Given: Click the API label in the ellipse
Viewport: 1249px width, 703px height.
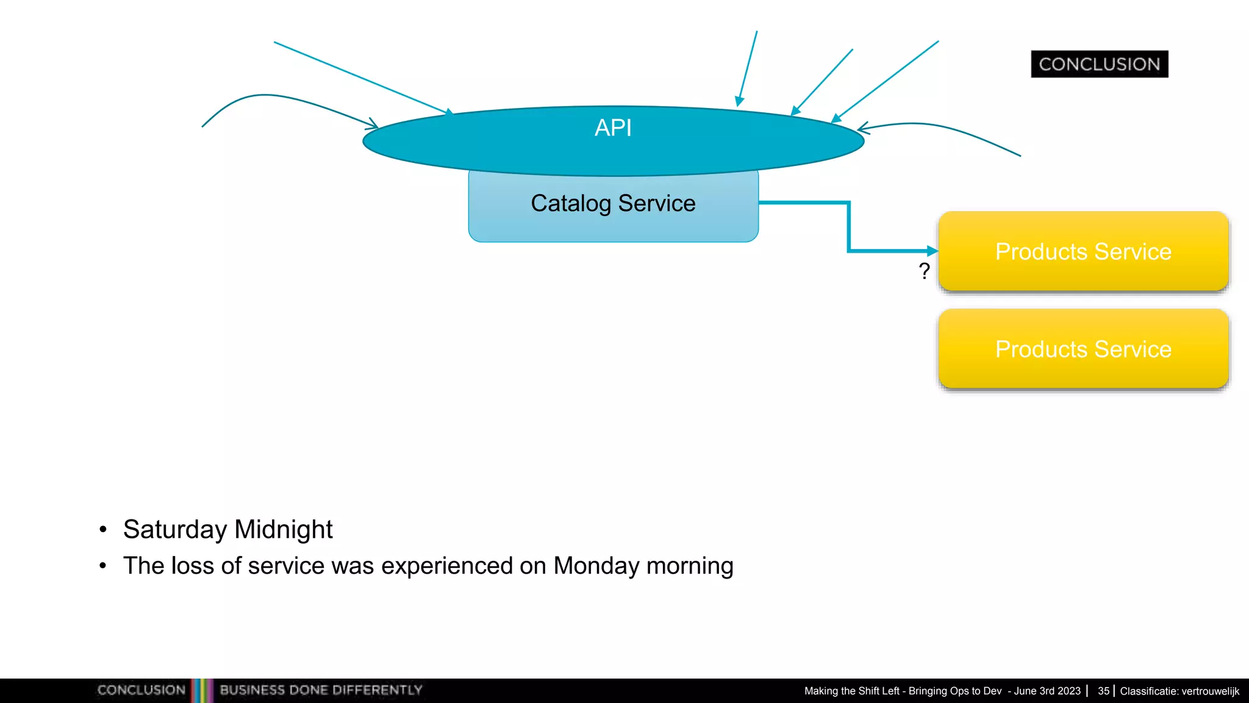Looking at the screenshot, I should point(613,128).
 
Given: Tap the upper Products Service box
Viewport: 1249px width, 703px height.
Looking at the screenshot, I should point(1083,251).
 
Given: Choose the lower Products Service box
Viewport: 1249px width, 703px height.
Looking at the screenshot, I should point(1083,349).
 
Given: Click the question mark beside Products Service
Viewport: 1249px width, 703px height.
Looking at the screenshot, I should point(924,271).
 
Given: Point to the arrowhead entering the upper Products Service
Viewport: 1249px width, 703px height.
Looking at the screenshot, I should point(932,251).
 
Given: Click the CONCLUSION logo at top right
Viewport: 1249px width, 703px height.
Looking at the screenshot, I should point(1099,64).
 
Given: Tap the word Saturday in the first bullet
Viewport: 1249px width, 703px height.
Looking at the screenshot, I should point(174,530).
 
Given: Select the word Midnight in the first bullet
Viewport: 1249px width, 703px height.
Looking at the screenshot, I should point(284,530).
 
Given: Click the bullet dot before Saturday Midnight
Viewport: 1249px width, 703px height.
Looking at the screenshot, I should point(103,529).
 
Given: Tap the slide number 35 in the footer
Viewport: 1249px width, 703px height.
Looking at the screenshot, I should point(1103,691).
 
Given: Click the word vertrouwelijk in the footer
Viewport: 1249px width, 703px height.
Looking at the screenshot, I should point(1210,691).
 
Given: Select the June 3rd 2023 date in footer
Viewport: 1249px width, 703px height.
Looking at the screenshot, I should point(1047,691).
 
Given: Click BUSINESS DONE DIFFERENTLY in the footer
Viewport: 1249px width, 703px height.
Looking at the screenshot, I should point(321,690).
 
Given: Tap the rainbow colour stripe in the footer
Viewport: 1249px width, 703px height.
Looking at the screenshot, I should point(202,690).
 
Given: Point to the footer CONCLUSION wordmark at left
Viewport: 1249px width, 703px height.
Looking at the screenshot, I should point(141,690).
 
